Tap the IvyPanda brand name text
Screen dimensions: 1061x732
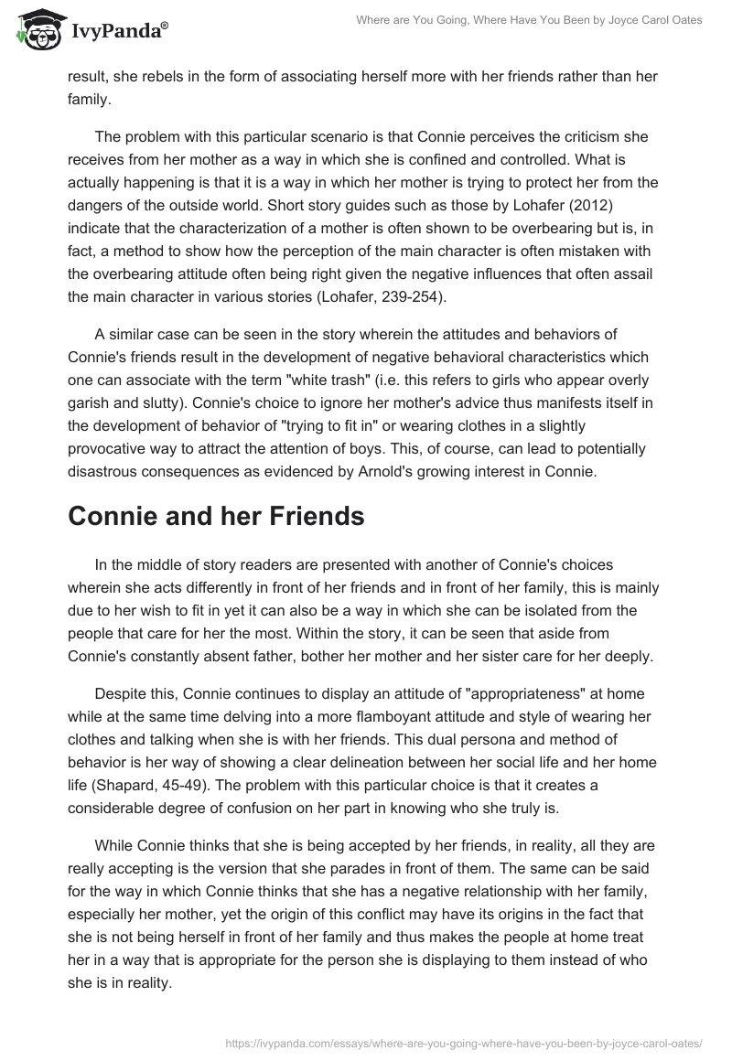[x=117, y=32]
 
